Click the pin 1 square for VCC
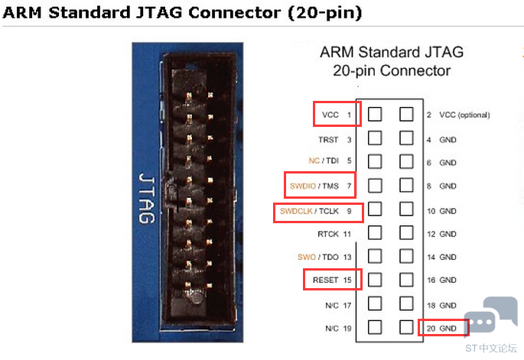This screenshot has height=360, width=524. (x=375, y=114)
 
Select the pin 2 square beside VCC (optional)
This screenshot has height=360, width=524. (x=406, y=114)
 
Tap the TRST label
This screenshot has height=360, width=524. (x=328, y=140)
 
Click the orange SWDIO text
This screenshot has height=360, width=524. (x=303, y=186)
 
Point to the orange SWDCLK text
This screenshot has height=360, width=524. (x=296, y=211)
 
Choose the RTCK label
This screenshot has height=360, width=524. (x=328, y=234)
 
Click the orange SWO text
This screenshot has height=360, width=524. (x=307, y=257)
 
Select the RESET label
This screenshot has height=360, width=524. (x=326, y=280)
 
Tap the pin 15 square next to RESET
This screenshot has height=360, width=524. (x=375, y=280)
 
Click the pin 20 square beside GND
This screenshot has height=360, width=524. (x=406, y=327)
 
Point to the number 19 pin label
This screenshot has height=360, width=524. (x=347, y=328)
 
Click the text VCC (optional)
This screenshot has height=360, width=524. (x=464, y=115)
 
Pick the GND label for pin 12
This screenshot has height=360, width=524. (x=448, y=234)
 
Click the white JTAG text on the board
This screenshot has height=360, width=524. (x=147, y=198)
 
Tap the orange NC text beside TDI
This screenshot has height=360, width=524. (x=314, y=161)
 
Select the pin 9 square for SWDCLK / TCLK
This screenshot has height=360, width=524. (x=375, y=209)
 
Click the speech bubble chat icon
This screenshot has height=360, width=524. (x=490, y=314)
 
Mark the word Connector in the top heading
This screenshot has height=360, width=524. (x=235, y=13)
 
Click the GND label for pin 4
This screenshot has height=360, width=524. (x=448, y=140)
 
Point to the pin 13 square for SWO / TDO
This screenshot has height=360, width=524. (x=375, y=256)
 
